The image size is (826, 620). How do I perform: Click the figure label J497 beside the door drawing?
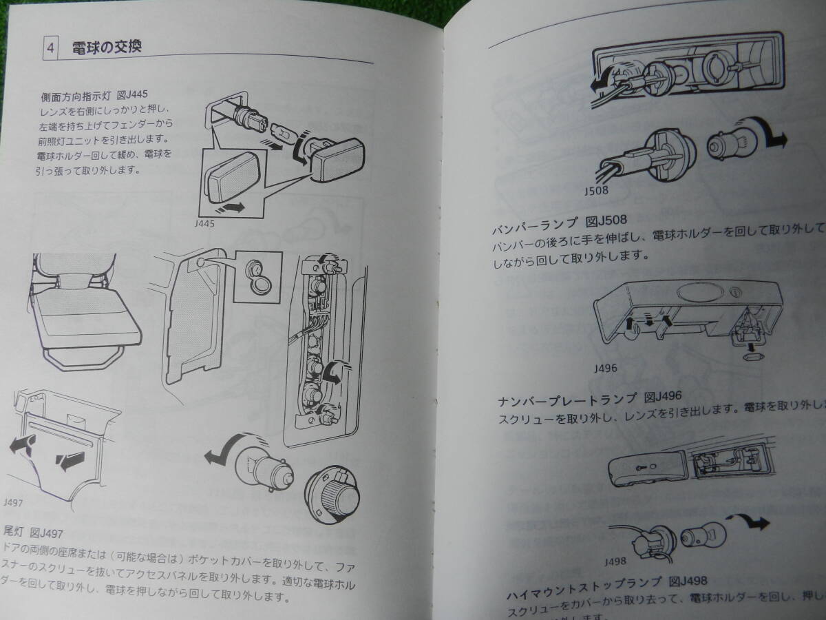(x=13, y=502)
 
